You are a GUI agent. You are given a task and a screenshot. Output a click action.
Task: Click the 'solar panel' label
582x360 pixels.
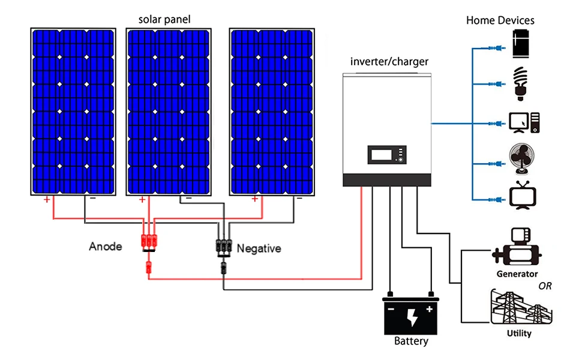(164, 20)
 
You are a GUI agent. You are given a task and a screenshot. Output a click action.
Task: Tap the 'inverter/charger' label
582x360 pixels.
(389, 61)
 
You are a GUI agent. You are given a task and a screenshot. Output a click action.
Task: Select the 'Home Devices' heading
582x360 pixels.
(500, 20)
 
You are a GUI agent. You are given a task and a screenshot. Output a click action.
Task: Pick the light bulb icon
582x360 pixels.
(520, 83)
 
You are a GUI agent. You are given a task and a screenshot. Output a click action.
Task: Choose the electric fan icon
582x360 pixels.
(521, 160)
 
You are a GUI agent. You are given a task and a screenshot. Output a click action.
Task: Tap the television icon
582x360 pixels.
(522, 196)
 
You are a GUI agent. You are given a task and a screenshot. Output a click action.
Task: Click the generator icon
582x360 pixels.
(517, 248)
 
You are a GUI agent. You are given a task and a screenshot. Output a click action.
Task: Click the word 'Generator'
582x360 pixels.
(517, 274)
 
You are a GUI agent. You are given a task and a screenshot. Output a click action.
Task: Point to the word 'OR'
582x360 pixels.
(545, 286)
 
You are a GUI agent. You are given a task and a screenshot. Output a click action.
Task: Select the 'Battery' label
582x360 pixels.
(411, 341)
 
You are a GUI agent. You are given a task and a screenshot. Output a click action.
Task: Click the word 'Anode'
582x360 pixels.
(106, 246)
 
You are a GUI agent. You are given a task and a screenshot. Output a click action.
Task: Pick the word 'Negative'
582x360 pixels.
(259, 248)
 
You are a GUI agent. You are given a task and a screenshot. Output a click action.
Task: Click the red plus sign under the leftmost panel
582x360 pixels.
(47, 200)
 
